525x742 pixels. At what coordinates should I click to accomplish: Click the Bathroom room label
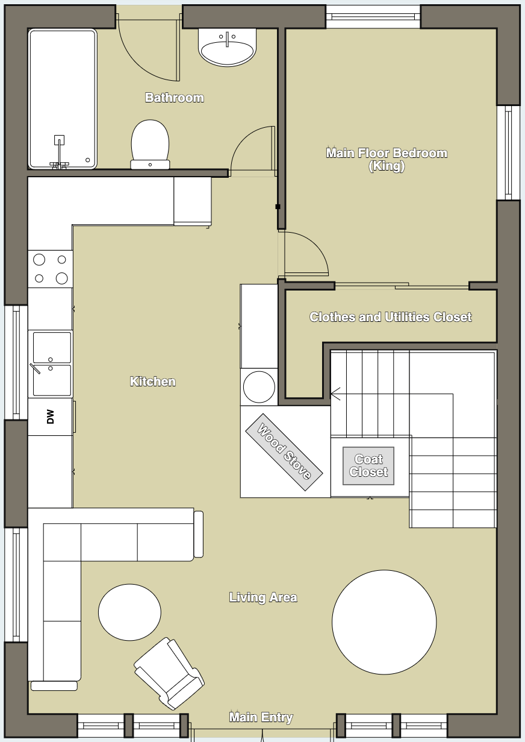[175, 98]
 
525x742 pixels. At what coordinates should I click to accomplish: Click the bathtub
[63, 99]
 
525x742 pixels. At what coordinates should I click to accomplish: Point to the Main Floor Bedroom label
[387, 159]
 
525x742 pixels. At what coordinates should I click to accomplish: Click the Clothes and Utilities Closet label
[391, 317]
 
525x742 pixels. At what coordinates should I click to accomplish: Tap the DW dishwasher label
[51, 417]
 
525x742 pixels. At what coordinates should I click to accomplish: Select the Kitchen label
[153, 382]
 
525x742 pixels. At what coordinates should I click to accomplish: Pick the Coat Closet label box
[368, 466]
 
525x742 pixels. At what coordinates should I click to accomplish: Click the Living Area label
[263, 597]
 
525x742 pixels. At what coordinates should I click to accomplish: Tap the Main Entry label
[261, 717]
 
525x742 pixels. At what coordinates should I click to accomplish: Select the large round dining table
[384, 622]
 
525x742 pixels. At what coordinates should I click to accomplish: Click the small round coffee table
[129, 612]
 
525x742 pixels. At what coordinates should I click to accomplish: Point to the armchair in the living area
[169, 673]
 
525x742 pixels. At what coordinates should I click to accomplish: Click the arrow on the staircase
[335, 394]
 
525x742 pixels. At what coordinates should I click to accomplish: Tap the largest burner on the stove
[62, 278]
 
